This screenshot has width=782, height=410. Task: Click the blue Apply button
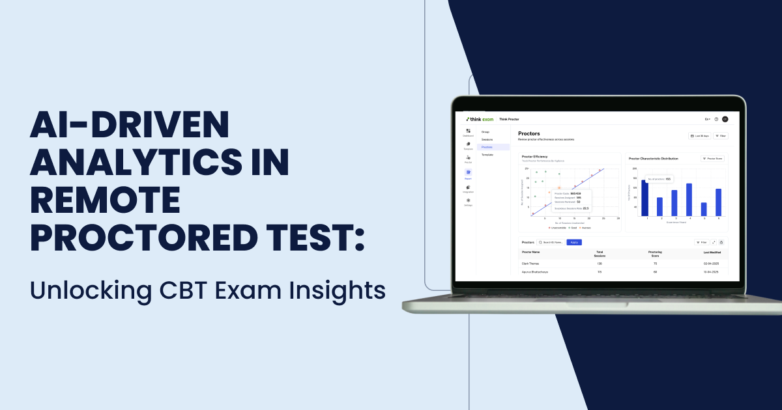574,242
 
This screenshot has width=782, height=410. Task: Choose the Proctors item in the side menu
487,147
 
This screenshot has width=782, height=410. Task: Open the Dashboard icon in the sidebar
468,132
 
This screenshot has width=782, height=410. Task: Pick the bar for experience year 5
704,209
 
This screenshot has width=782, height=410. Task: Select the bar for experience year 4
689,199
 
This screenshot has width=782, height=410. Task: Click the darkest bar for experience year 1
645,198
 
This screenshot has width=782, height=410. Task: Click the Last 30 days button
699,136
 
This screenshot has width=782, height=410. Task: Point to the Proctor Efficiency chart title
535,156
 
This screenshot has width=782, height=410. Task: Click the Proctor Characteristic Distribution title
653,158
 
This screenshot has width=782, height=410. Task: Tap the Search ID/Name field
551,242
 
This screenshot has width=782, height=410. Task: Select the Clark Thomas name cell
530,264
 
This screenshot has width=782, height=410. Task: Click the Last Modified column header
711,252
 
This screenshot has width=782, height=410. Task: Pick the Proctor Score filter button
712,158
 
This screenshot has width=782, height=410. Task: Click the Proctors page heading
529,133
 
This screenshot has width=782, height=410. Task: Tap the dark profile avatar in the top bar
725,119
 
